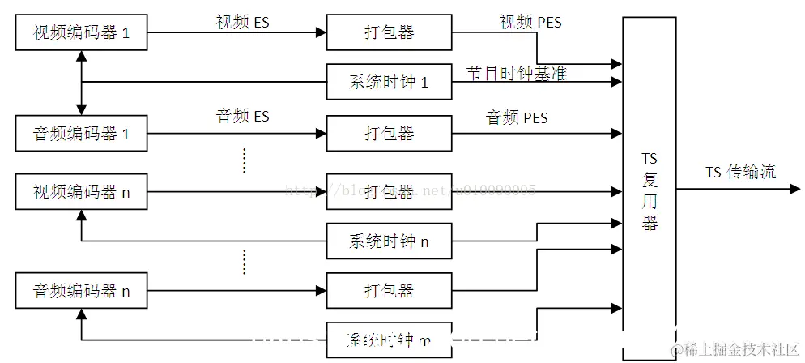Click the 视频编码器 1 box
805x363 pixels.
(81, 32)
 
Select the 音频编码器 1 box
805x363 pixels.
(81, 134)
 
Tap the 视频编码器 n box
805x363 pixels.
(81, 192)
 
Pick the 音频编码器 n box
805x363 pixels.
(81, 291)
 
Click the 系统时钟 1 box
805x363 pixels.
(389, 81)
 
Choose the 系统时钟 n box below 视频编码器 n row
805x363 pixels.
(389, 241)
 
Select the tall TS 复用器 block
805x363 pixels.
(649, 187)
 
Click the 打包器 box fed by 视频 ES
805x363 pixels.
(389, 32)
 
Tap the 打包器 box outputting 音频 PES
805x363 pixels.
(389, 134)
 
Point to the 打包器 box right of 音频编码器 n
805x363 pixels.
(389, 291)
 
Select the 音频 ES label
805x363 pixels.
(242, 117)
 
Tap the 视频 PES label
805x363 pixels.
(530, 23)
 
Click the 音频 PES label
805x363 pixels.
(517, 118)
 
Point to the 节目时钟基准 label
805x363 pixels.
(516, 74)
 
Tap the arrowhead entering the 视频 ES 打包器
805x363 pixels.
(320, 32)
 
